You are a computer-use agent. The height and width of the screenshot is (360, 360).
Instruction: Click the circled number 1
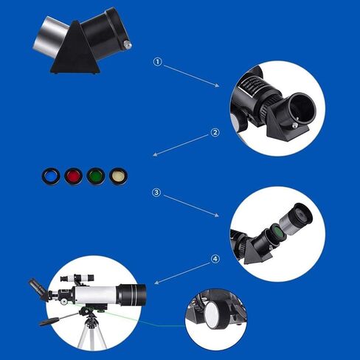(x=157, y=62)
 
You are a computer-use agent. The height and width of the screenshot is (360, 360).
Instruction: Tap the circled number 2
(x=215, y=133)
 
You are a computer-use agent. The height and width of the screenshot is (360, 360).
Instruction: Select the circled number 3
(x=156, y=193)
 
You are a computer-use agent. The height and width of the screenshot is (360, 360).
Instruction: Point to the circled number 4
(x=215, y=259)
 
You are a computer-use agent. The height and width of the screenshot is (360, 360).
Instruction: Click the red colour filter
(x=72, y=176)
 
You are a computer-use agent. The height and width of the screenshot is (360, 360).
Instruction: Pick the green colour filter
(x=94, y=176)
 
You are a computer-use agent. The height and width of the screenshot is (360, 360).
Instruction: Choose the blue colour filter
(x=50, y=176)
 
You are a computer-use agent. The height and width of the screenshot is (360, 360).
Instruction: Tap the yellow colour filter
(x=117, y=176)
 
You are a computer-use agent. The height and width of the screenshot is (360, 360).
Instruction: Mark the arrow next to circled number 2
(x=181, y=145)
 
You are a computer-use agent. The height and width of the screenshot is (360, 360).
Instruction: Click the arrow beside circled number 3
(x=190, y=204)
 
